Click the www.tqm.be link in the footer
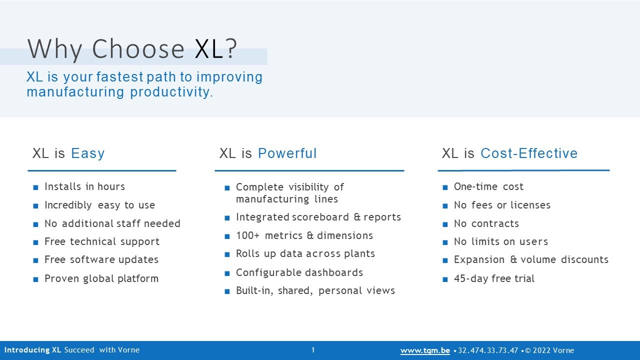(x=425, y=350)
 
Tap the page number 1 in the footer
(x=313, y=350)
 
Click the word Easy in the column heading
(x=87, y=153)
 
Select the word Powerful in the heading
(x=287, y=153)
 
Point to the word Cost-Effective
(x=529, y=153)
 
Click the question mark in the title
(x=230, y=48)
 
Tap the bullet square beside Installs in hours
(x=35, y=187)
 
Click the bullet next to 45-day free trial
(x=445, y=279)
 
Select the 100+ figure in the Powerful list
(x=247, y=235)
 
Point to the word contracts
(x=495, y=223)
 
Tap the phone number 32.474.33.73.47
(x=488, y=350)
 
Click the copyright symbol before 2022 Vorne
(x=528, y=350)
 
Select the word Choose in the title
(x=138, y=48)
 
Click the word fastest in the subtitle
(x=119, y=77)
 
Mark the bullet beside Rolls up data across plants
(x=227, y=254)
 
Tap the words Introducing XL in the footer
(x=32, y=350)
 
